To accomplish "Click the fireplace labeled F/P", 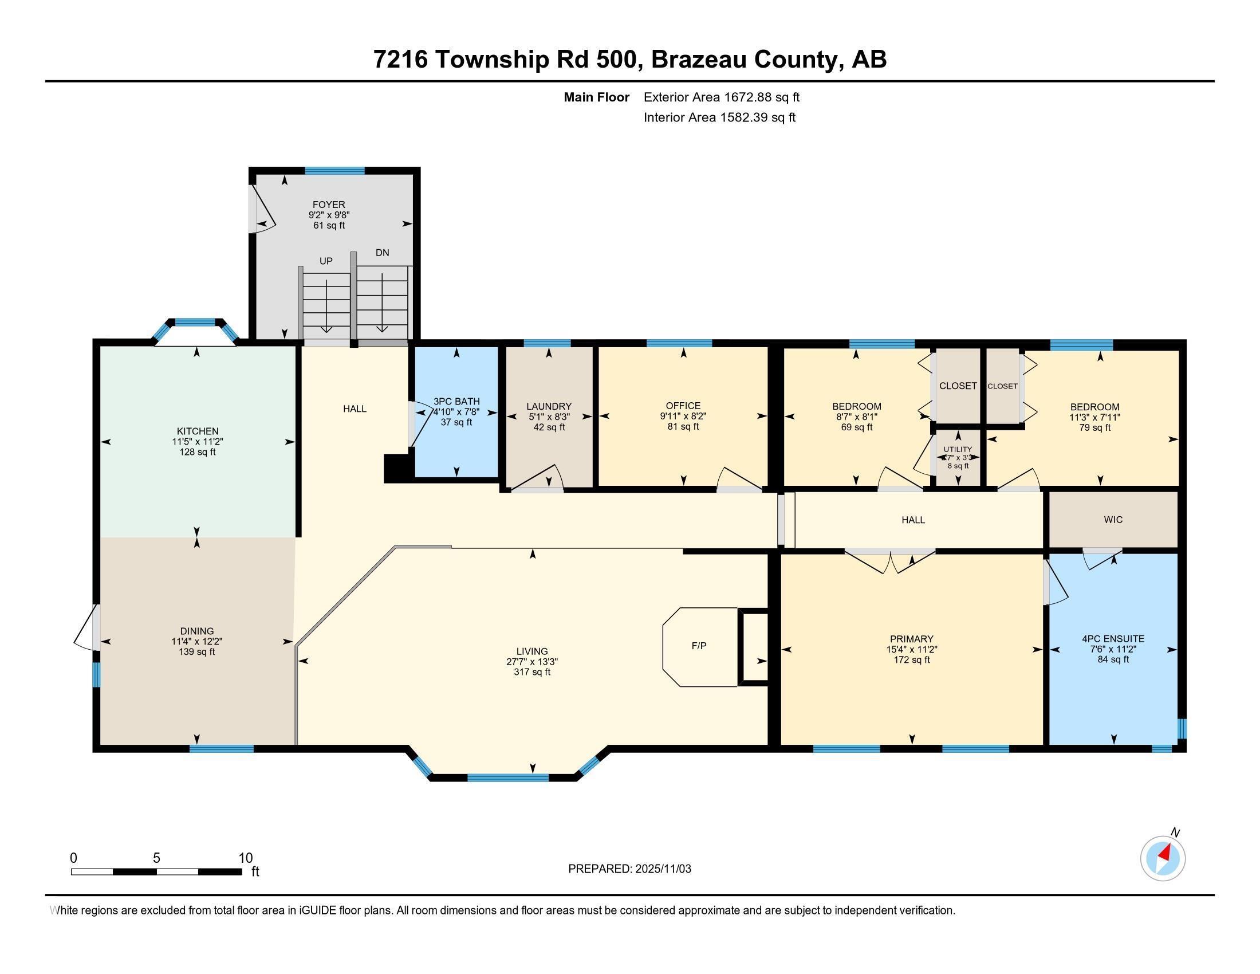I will (x=699, y=646).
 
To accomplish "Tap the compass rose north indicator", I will (x=1163, y=858).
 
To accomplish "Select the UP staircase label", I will (x=326, y=261).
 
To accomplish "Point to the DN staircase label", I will (x=382, y=252).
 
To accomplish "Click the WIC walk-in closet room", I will (x=1113, y=519).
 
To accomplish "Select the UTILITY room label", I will (x=958, y=449).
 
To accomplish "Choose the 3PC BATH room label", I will (x=456, y=401).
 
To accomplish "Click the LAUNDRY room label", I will (x=549, y=406).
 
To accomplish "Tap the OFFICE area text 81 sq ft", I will (x=683, y=427).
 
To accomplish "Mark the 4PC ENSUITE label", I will (x=1113, y=639).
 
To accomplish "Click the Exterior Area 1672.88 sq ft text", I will (x=721, y=97).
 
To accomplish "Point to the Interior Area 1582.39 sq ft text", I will (x=719, y=117).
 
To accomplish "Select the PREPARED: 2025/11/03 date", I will (x=629, y=869).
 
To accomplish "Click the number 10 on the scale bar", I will (x=246, y=858).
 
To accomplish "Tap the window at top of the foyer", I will (x=334, y=170).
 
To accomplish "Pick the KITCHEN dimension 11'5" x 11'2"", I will (x=198, y=442).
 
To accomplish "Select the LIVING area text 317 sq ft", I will (x=532, y=672).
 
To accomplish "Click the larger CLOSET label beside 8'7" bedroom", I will (x=958, y=386).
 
